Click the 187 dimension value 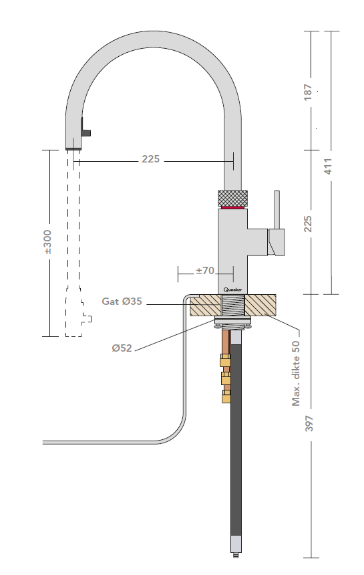coord(308,92)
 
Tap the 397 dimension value coord(309,424)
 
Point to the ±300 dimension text coord(47,243)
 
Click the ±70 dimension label coord(204,271)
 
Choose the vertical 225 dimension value coord(308,223)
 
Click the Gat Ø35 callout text coord(123,302)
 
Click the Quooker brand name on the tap coord(233,290)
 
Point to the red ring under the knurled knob coord(233,207)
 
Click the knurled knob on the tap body coord(233,198)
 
